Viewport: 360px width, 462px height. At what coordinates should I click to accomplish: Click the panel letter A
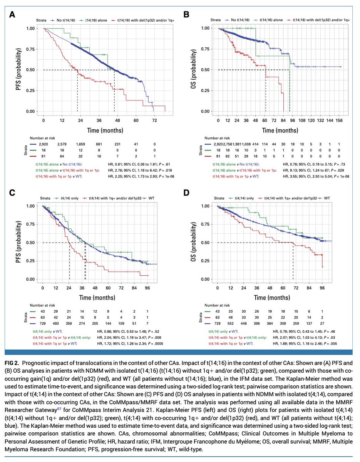[13, 15]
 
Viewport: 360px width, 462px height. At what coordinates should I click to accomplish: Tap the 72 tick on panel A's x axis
[154, 121]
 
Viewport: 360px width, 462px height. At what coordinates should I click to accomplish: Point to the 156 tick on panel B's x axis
[340, 121]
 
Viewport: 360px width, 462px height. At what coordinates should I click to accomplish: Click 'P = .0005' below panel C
[151, 342]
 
